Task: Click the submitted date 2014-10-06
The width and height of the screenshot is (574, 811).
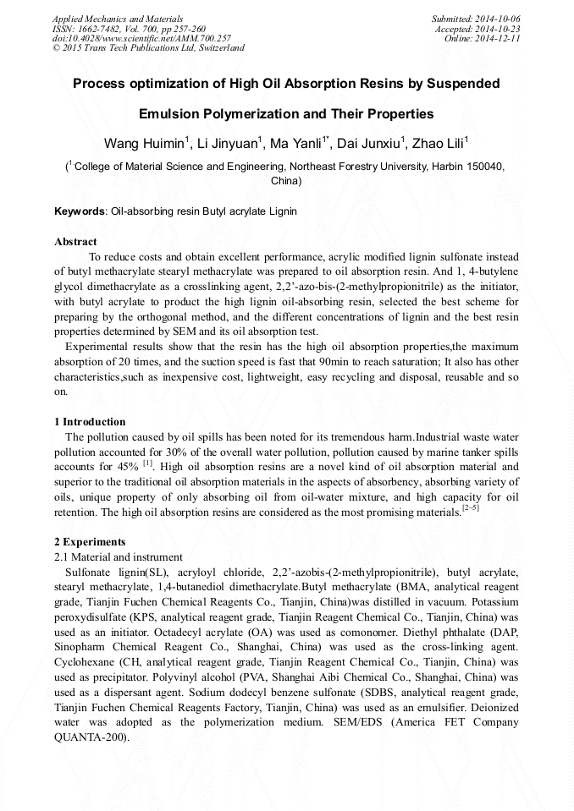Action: coord(498,19)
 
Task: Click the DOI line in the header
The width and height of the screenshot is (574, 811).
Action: coord(141,38)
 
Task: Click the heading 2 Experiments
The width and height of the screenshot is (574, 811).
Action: coord(90,542)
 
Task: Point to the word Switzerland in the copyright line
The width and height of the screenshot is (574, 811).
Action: coord(217,48)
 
